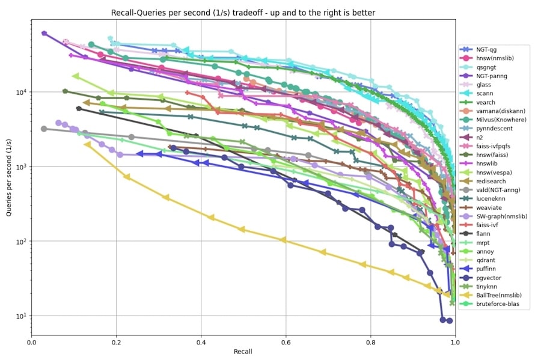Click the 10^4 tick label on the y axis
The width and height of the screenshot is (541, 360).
(x=19, y=93)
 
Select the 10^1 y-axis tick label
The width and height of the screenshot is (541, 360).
(x=19, y=317)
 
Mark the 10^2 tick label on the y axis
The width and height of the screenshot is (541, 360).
(x=19, y=242)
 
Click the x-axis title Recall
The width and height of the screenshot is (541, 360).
(x=243, y=351)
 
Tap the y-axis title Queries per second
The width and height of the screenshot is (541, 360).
(x=8, y=180)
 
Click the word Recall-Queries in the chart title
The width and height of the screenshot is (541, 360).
(x=139, y=13)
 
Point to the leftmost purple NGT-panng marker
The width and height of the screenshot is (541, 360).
(x=44, y=34)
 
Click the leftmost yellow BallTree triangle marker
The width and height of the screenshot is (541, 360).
(x=88, y=145)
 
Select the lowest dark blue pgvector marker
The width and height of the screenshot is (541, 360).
(x=449, y=321)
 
